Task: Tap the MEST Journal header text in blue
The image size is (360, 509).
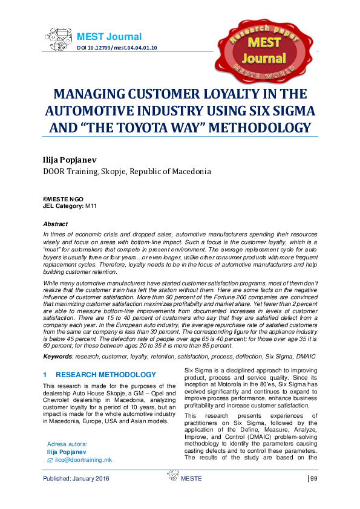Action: [x=109, y=37]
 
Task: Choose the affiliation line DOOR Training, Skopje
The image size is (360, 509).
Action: [x=126, y=171]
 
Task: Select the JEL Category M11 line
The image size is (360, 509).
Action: [x=70, y=206]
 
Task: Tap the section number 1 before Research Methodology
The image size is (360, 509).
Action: [x=45, y=375]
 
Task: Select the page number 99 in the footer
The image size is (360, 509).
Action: [x=313, y=479]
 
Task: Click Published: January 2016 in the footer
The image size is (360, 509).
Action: [x=77, y=479]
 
